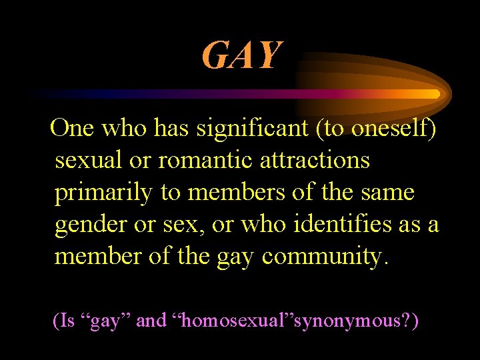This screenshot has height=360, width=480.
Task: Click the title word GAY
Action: [x=242, y=55]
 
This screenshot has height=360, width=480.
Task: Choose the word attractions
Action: [x=315, y=160]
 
